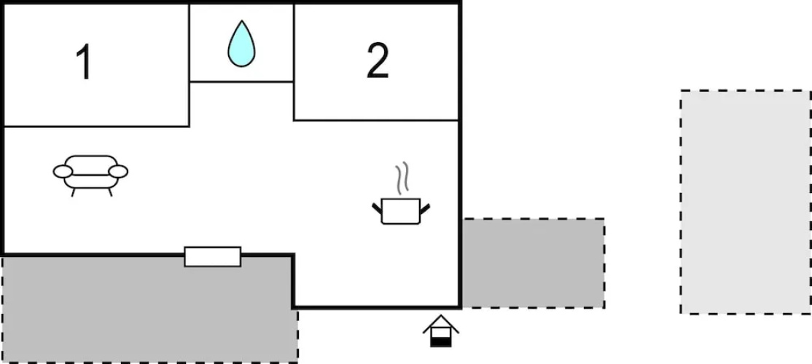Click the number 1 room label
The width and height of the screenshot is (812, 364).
click(85, 62)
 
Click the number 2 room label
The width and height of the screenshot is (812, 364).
click(378, 61)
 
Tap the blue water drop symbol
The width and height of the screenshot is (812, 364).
click(241, 44)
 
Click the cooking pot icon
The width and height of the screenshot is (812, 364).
click(401, 211)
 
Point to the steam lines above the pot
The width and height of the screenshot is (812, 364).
click(402, 178)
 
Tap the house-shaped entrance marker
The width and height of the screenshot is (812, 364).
click(441, 331)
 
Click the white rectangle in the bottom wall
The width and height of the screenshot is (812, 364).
click(213, 256)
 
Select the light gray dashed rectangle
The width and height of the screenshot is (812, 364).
click(746, 202)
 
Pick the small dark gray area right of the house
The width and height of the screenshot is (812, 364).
click(534, 264)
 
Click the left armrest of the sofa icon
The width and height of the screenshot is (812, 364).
click(63, 172)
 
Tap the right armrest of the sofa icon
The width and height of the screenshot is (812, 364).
click(119, 172)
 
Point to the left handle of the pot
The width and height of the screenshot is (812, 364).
click(377, 208)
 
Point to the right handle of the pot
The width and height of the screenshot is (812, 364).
click(425, 208)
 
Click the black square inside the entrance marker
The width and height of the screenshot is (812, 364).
click(441, 341)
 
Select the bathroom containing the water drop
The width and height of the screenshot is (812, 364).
click(241, 42)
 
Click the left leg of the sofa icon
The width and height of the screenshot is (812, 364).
click(73, 192)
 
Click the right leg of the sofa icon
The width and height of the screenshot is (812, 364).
click(110, 192)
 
